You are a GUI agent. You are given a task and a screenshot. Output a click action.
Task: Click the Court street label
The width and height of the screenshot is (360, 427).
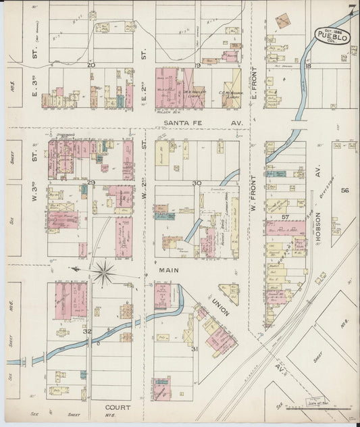pos(118,407)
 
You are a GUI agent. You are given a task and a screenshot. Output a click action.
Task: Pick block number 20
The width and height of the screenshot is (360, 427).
pos(91,65)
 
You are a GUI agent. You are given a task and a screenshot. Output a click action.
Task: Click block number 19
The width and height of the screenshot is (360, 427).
pos(199,65)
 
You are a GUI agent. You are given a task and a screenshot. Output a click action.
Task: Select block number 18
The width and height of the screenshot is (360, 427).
pos(307,66)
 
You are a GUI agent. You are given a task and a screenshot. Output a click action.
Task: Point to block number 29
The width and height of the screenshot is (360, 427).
pos(91,183)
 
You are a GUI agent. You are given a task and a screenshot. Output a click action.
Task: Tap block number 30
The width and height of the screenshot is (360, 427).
pos(197,183)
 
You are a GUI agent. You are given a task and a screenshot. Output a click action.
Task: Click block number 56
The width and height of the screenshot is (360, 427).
pos(344,191)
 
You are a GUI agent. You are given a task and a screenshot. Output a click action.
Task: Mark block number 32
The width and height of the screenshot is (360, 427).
pos(87,332)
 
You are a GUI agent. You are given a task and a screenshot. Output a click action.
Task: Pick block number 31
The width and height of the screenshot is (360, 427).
pos(194,349)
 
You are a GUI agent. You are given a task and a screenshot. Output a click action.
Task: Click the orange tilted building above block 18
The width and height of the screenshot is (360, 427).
pos(283,20)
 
